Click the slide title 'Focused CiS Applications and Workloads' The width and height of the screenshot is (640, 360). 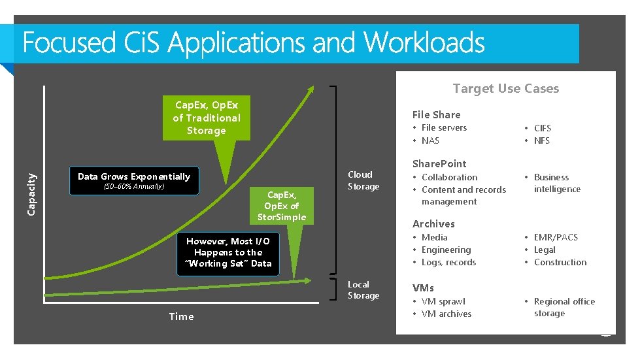pyautogui.click(x=254, y=43)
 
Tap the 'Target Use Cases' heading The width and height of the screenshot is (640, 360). pyautogui.click(x=505, y=88)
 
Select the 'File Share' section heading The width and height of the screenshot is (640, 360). pyautogui.click(x=436, y=114)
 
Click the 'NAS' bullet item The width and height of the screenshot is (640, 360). pyautogui.click(x=430, y=140)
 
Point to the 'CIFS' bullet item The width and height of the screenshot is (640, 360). pyautogui.click(x=542, y=128)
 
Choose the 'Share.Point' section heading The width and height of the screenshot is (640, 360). pyautogui.click(x=439, y=163)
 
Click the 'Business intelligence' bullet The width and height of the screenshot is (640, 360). pyautogui.click(x=556, y=183)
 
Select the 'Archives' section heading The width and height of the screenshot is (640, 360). pyautogui.click(x=433, y=223)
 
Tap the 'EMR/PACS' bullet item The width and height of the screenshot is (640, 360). pyautogui.click(x=555, y=237)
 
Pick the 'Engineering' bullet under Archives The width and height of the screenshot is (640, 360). pyautogui.click(x=446, y=250)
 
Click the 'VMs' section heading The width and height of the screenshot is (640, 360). pyautogui.click(x=423, y=287)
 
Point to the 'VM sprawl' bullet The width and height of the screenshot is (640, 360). pyautogui.click(x=443, y=301)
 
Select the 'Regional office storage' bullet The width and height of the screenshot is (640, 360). pyautogui.click(x=564, y=307)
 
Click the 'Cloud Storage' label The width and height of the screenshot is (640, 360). pyautogui.click(x=363, y=180)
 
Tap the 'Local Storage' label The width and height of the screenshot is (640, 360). pyautogui.click(x=363, y=290)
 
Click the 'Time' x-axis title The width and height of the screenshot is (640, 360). pyautogui.click(x=181, y=317)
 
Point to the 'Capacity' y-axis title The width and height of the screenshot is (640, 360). pyautogui.click(x=32, y=190)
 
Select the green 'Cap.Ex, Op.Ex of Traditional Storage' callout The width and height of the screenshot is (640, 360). pyautogui.click(x=206, y=118)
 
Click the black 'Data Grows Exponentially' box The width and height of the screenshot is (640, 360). pyautogui.click(x=134, y=181)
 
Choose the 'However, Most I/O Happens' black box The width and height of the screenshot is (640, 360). pyautogui.click(x=227, y=252)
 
